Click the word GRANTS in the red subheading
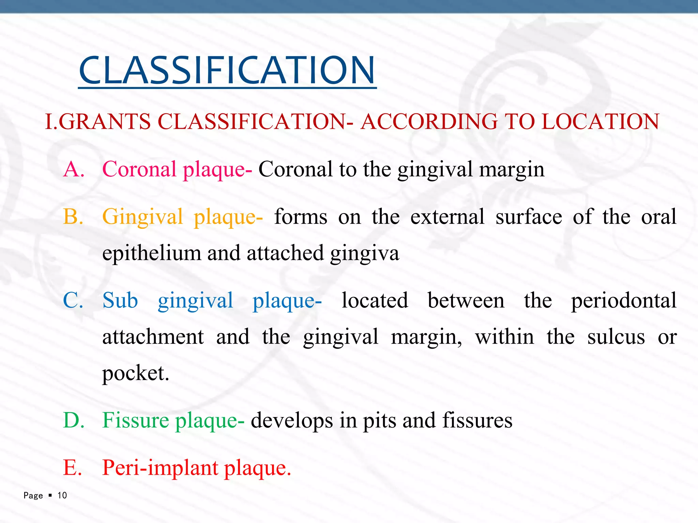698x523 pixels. [x=105, y=122]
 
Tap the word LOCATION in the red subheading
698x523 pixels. [x=600, y=122]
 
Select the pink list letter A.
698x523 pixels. [x=74, y=169]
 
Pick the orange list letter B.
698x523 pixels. [x=73, y=217]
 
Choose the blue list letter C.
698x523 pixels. [x=73, y=301]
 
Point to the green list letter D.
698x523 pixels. [x=74, y=420]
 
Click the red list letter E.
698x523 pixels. [x=72, y=467]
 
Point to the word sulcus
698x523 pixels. [x=616, y=337]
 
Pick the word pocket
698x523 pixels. [x=135, y=374]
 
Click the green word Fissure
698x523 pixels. [x=135, y=420]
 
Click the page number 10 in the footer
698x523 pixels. [x=62, y=495]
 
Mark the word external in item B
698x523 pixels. [x=447, y=217]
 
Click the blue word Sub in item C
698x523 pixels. [x=120, y=301]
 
